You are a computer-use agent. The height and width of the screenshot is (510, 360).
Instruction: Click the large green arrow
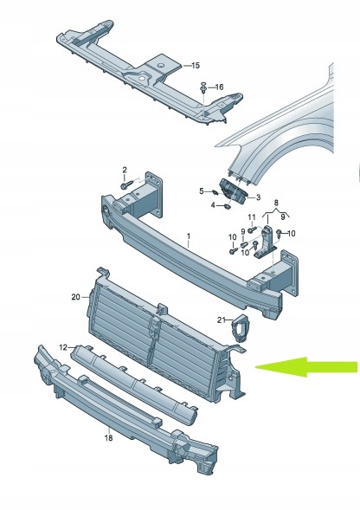(x=305, y=367)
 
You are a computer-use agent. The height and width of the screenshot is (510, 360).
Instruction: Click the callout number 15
(x=195, y=66)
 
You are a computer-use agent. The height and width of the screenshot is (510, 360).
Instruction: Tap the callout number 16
(x=220, y=87)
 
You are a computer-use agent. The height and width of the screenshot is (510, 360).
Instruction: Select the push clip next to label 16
(x=203, y=87)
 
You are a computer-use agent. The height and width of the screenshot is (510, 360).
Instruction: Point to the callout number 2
(x=125, y=170)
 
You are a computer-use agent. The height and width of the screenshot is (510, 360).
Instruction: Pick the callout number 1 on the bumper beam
(x=189, y=236)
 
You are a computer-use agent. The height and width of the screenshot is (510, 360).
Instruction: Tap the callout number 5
(x=202, y=191)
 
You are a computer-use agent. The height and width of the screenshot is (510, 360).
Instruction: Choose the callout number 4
(x=213, y=205)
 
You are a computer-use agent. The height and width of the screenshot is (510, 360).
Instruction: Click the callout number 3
(x=258, y=197)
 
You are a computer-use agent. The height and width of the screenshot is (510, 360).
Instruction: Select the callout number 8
(x=276, y=203)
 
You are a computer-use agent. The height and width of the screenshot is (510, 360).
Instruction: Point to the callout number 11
(x=252, y=217)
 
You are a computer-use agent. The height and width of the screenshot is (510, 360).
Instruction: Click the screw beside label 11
(x=251, y=230)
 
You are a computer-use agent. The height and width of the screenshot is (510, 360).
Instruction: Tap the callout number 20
(x=76, y=297)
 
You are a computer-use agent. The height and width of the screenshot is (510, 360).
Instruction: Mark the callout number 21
(x=222, y=320)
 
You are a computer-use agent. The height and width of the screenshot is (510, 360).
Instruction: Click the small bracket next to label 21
(x=240, y=328)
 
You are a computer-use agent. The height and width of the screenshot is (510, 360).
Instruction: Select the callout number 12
(x=63, y=347)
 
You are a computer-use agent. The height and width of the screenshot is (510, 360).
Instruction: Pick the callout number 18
(x=109, y=438)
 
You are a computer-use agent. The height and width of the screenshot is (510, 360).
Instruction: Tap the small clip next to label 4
(x=228, y=205)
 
